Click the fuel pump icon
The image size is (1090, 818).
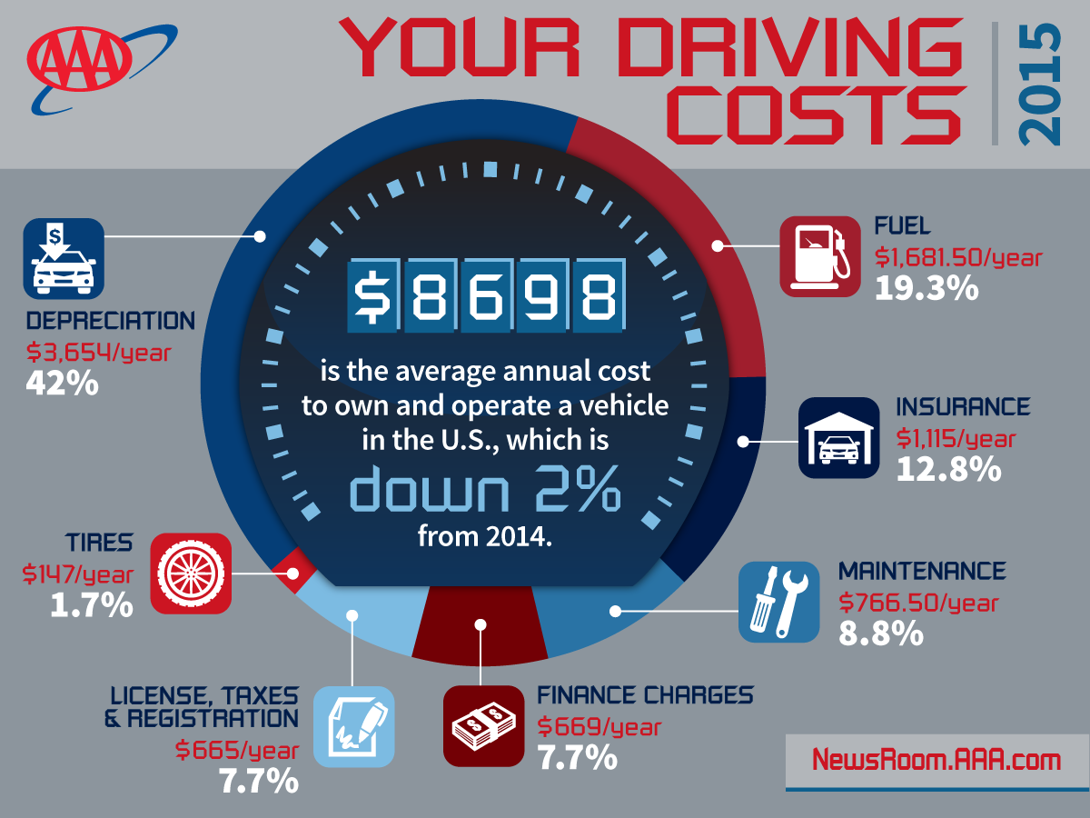point(819,255)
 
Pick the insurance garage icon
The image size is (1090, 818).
point(838,437)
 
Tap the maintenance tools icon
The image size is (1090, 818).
point(778,602)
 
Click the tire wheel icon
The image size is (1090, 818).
point(191,573)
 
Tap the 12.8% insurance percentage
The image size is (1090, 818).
point(948,470)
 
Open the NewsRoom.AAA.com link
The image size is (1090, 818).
point(936,760)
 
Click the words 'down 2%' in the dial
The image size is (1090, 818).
point(486,491)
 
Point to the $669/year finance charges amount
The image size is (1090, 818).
point(599,727)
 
